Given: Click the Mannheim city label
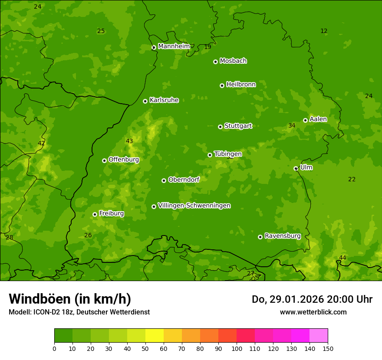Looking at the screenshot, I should pos(174,46).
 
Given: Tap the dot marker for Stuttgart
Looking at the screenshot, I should pos(220,127).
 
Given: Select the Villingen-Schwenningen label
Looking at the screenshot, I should pos(194,206).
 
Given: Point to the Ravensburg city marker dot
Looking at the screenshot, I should pos(260,237).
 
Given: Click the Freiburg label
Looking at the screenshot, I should pos(111,213).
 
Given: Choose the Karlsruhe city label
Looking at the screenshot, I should pos(164,100).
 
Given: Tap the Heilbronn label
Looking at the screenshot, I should pos(241,85).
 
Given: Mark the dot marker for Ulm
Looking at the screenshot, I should pos(296,168).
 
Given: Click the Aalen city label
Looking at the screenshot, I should pos(318,119).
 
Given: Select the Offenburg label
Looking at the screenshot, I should pos(124,160).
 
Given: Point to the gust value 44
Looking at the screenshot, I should pos(342,258).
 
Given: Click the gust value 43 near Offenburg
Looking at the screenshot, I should pos(129,141).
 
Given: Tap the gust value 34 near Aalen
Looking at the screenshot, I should pos(292,126).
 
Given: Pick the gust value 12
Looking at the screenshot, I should pos(324,31).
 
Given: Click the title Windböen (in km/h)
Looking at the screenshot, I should pos(70,299).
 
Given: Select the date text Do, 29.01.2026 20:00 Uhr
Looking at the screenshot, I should pos(312,299).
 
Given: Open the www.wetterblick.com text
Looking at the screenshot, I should pos(313,312).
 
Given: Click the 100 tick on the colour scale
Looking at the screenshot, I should pos(237,348).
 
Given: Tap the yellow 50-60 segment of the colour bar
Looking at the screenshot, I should pos(155,336).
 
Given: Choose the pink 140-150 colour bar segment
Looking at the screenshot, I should pos(319,336).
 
